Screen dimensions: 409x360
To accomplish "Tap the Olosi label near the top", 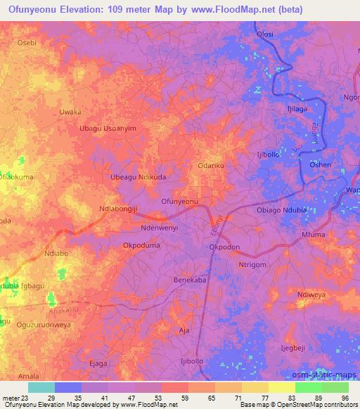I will point(265,34).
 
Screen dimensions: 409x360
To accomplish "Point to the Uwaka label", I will point(70,112).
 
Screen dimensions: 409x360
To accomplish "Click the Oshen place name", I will point(321,164).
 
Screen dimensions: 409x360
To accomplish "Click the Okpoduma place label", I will point(143,247).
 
